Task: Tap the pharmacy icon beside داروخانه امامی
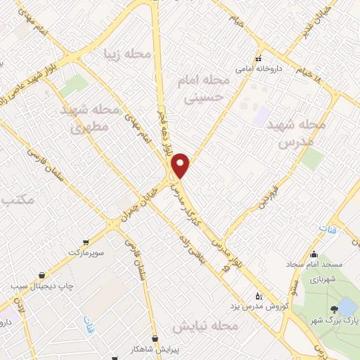tap(259, 59)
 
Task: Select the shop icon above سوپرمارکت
tap(86, 241)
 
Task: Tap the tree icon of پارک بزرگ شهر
tap(332, 309)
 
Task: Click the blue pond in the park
tap(347, 307)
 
